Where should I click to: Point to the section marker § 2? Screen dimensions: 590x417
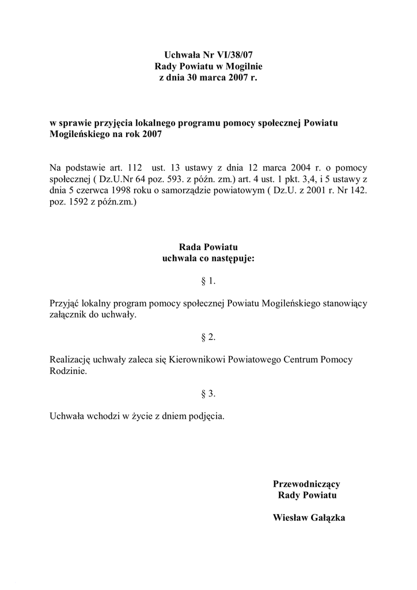point(208,337)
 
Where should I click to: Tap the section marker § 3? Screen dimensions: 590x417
point(208,394)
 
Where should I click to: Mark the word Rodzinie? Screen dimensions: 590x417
point(69,371)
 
